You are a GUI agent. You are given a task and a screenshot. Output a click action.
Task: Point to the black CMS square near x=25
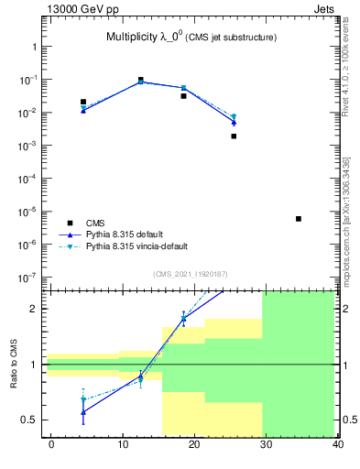[x=234, y=136]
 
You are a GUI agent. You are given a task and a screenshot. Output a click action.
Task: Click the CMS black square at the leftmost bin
[x=83, y=102]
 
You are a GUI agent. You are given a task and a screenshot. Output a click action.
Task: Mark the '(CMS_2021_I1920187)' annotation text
[x=190, y=274]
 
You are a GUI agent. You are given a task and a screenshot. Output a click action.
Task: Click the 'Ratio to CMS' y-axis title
[x=14, y=364]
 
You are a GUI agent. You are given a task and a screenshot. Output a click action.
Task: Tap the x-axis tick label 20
[x=193, y=444]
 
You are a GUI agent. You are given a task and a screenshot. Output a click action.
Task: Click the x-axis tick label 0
[x=51, y=444]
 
